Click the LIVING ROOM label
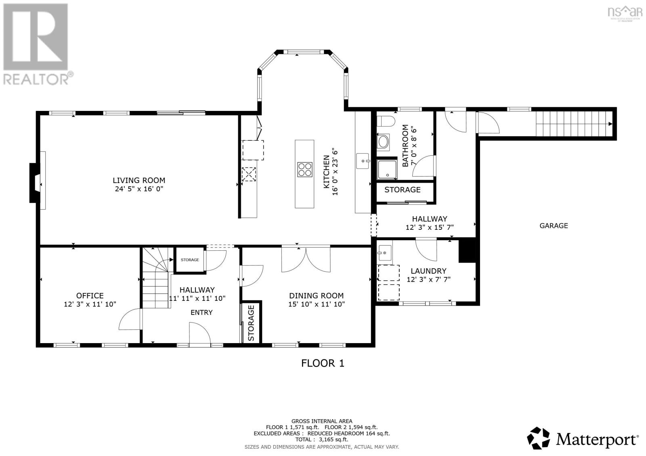click(139, 180)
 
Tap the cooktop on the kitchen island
click(304, 169)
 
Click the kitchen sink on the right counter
click(363, 161)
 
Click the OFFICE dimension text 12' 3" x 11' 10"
click(90, 304)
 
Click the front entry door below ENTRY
click(200, 333)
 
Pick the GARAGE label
click(554, 226)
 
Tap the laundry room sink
click(384, 253)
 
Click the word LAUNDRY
click(428, 271)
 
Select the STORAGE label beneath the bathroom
click(402, 190)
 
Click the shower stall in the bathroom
click(387, 170)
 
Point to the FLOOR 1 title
click(323, 363)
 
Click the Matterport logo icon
click(539, 438)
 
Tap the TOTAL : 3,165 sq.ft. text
click(321, 439)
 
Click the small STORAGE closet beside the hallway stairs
click(190, 260)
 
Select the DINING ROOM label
click(316, 296)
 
